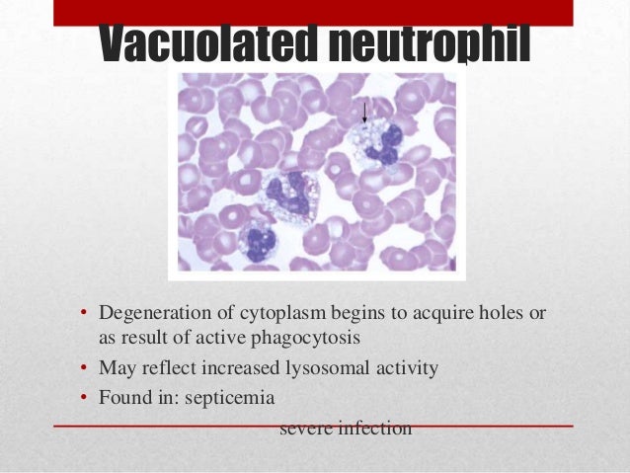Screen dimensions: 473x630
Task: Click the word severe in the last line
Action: (306, 429)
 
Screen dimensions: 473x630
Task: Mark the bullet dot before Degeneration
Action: (84, 315)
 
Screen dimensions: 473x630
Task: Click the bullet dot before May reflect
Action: (84, 370)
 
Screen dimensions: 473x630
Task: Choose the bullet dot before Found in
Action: (84, 399)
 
